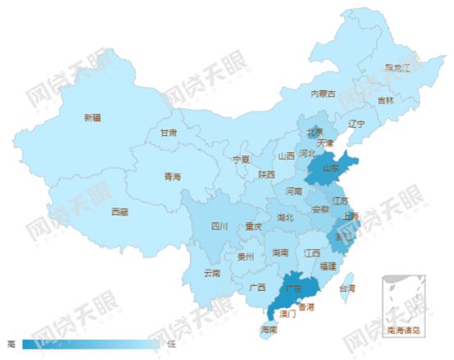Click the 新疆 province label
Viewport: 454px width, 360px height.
[x=93, y=117]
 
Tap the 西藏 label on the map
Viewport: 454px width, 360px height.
[x=120, y=212]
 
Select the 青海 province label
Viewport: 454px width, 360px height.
[x=172, y=176]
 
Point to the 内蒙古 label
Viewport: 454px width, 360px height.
[x=323, y=93]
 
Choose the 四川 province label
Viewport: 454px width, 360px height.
[x=219, y=226]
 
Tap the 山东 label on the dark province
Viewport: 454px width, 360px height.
[x=331, y=169]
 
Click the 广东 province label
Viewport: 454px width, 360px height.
[x=293, y=289]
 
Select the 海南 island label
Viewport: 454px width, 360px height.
[x=269, y=330]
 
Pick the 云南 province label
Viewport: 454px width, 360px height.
[x=211, y=273]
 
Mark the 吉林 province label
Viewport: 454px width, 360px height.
[x=385, y=100]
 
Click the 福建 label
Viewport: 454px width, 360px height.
[x=328, y=266]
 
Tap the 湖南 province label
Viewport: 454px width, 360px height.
[x=280, y=253]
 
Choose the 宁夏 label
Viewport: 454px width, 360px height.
[x=240, y=158]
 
